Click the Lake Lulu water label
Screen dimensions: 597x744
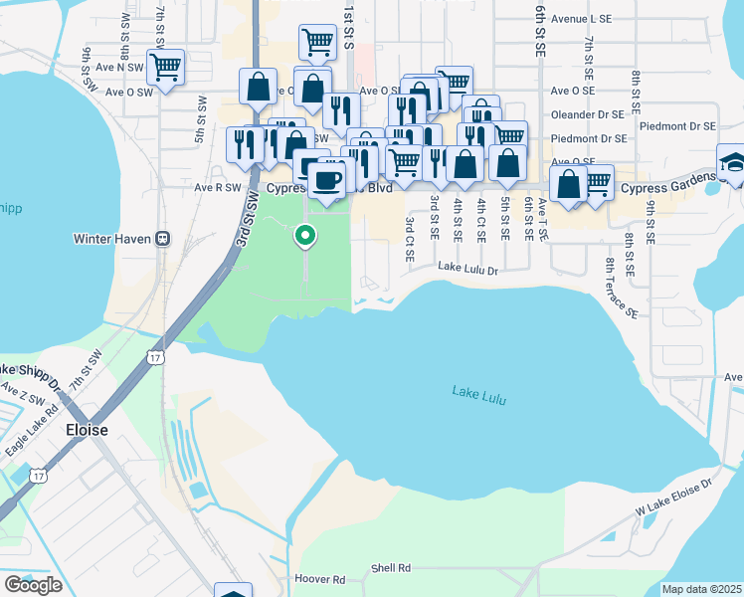point(481,391)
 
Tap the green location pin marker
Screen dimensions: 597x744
point(305,236)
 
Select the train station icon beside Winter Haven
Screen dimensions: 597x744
point(163,239)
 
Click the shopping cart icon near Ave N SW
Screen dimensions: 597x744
point(165,68)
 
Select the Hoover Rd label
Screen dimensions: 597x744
point(319,578)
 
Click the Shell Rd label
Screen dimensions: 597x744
point(391,568)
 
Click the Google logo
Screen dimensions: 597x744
point(33,585)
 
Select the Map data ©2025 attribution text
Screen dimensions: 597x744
point(700,589)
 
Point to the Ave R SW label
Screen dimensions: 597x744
point(218,186)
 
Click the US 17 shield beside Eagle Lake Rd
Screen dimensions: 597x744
point(37,477)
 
